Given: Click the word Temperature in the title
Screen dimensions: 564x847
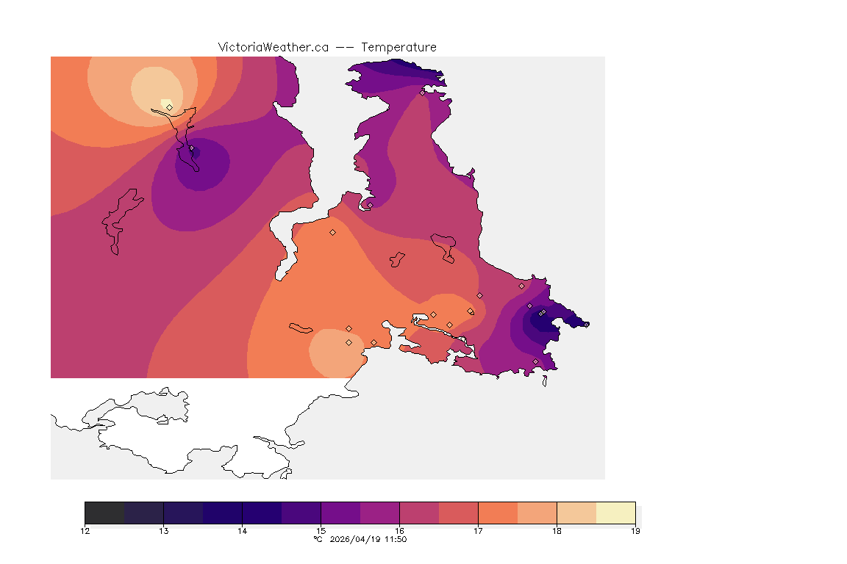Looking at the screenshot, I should pos(399,47).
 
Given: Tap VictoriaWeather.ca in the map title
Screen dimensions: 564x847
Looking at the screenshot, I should pos(273,47).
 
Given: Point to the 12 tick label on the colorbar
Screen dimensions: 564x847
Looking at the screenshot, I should pos(85,531).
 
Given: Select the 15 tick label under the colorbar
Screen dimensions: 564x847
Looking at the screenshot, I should pos(321,531).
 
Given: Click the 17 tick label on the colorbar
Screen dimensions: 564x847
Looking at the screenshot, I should pos(478,531).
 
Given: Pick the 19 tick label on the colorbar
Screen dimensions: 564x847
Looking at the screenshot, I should pos(635,531).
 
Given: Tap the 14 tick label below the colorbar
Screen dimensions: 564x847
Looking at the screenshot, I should pos(242,531).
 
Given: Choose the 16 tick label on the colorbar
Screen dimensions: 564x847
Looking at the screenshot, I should pos(399,531).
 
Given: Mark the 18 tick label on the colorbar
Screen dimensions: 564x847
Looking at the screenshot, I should pos(557,531).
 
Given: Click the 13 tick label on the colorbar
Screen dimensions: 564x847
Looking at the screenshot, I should pos(163,531).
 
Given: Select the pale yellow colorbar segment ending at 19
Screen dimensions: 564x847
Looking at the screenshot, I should pos(615,513).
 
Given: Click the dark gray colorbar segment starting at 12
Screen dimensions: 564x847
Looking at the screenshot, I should pos(104,513).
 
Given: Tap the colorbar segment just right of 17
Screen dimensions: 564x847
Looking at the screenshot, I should pos(498,513).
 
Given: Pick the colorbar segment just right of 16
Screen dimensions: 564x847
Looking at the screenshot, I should pos(419,513).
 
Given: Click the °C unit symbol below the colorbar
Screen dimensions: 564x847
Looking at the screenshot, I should pos(318,540).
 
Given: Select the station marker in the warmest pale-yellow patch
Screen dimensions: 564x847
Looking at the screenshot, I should pos(169,107).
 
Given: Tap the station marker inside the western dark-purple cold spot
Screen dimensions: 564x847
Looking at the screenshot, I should pos(191,148).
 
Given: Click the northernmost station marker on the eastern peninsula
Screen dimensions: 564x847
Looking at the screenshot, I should pos(422,93).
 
